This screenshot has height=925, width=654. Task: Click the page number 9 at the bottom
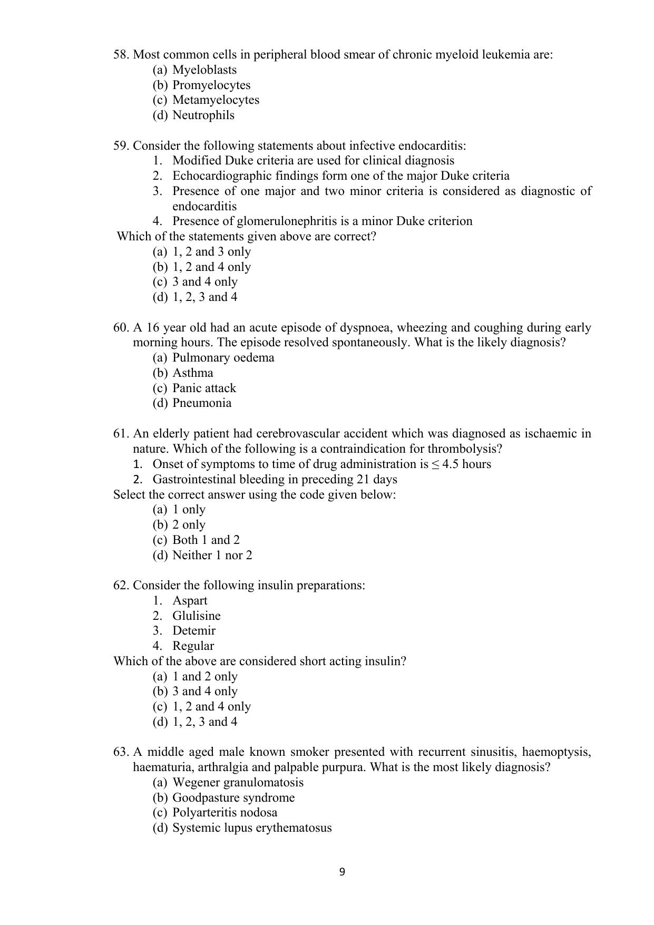coord(342,872)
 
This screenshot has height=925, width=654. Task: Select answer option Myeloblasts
coord(204,70)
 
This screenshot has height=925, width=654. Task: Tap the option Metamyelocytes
coord(216,100)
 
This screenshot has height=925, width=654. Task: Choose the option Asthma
coord(192,373)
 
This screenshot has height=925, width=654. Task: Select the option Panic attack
coord(204,388)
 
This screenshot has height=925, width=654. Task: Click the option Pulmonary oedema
coord(223,358)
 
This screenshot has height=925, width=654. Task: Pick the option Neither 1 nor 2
coord(212,556)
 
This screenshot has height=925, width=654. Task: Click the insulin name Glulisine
coord(196,616)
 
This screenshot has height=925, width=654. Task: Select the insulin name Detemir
coord(193,631)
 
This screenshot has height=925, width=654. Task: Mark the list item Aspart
coord(190,601)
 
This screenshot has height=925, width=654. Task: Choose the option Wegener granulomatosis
coord(238,783)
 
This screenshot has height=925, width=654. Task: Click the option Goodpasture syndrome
coord(233,798)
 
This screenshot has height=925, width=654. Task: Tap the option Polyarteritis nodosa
coord(224,813)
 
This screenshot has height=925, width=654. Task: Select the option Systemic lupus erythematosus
coord(252,828)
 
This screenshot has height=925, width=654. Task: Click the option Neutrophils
coord(203,115)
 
